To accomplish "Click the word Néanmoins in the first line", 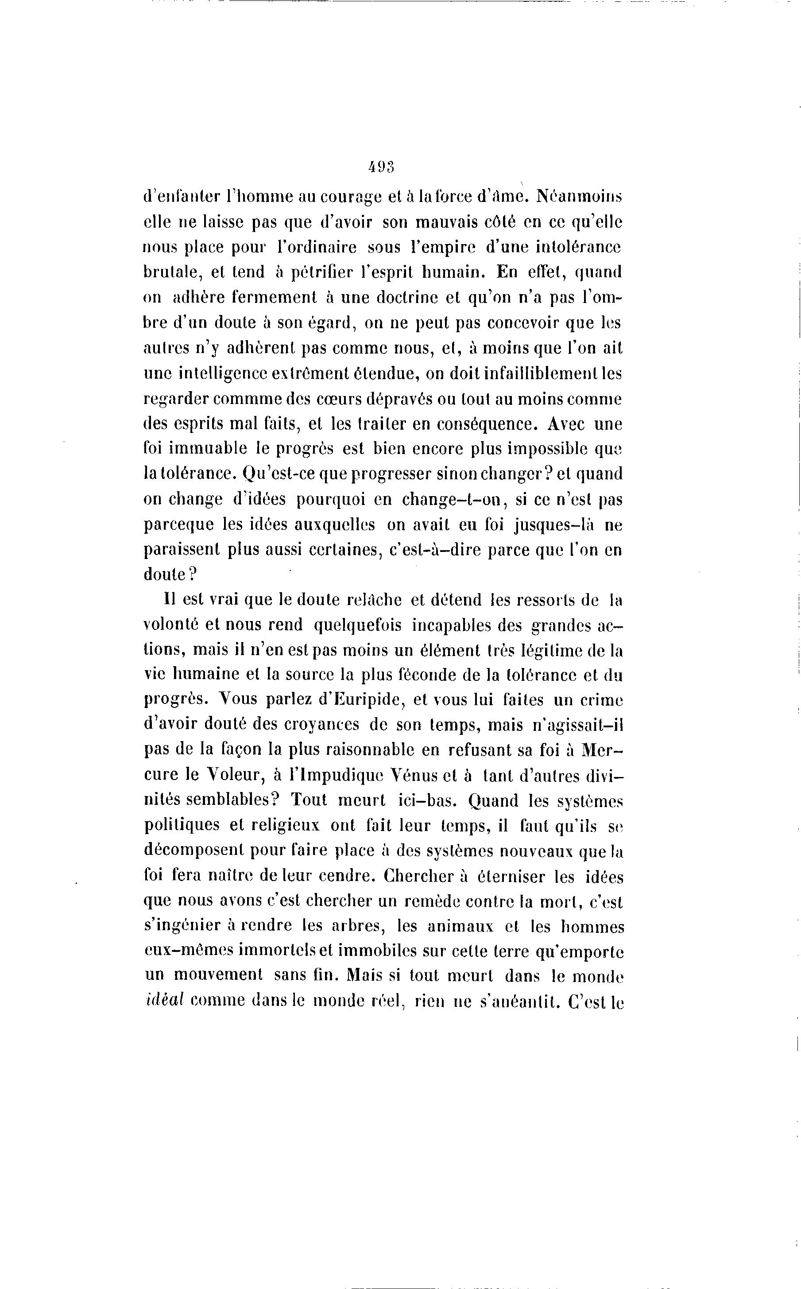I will tap(580, 196).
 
